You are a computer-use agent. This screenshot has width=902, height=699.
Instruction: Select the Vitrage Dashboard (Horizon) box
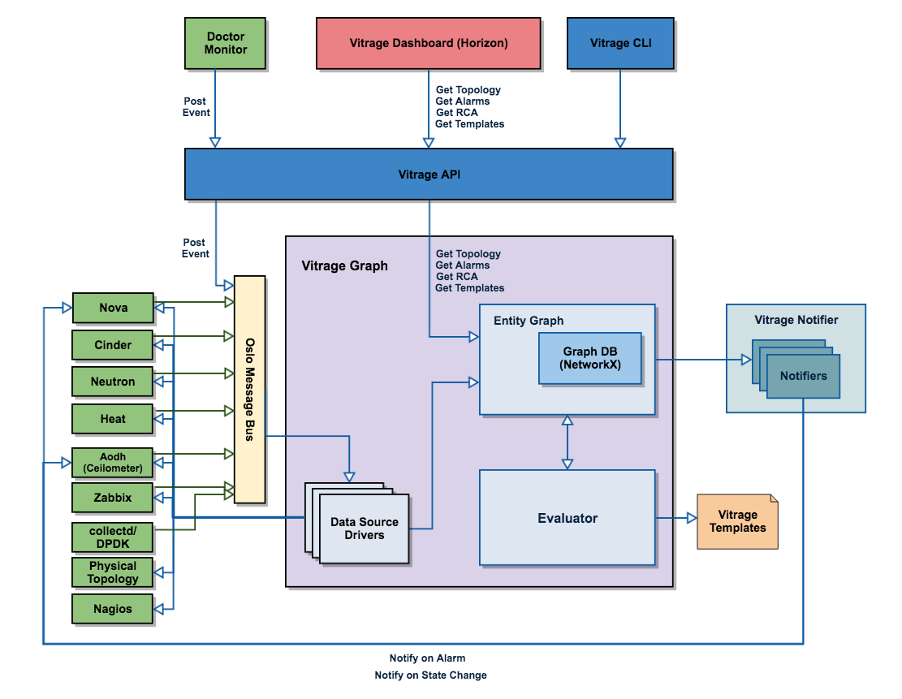click(x=429, y=43)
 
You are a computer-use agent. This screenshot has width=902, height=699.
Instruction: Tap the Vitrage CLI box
click(x=620, y=43)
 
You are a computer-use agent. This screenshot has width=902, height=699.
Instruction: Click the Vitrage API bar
click(x=429, y=174)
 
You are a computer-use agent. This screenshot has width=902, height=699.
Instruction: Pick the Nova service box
click(x=113, y=308)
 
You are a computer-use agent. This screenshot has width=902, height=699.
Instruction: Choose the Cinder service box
click(x=113, y=345)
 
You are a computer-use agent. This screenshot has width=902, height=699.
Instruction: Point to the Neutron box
click(x=113, y=382)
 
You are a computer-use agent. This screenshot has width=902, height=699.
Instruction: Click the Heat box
click(x=113, y=419)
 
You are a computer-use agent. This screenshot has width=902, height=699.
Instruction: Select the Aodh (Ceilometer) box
click(x=113, y=462)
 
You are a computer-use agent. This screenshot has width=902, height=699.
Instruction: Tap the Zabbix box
click(x=113, y=498)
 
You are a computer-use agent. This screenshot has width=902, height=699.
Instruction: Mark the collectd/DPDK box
click(x=113, y=536)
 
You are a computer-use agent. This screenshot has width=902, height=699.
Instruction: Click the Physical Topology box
click(x=113, y=572)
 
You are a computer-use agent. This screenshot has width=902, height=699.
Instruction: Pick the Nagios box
click(x=113, y=609)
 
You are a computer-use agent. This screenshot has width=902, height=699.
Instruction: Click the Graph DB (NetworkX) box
click(x=590, y=359)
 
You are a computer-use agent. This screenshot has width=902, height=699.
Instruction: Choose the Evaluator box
click(x=568, y=518)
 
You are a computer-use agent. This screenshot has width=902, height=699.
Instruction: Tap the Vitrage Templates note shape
click(x=737, y=522)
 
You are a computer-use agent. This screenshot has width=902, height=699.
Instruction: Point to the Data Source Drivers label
click(x=365, y=529)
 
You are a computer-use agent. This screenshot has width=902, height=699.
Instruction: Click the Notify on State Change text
click(x=430, y=675)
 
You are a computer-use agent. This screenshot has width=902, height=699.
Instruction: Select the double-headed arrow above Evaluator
click(x=568, y=442)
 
